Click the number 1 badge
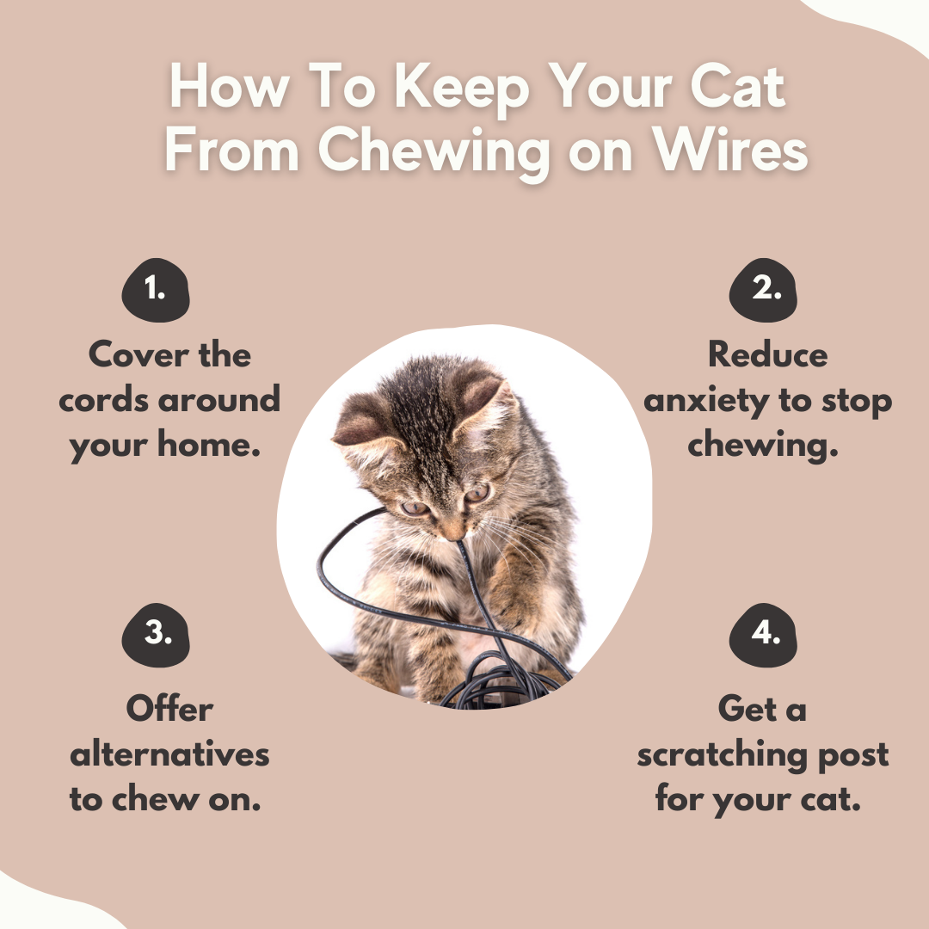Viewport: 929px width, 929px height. point(156,291)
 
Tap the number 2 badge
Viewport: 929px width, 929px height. point(763,291)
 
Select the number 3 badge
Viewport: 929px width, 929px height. point(156,635)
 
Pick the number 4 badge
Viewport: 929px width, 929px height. point(763,635)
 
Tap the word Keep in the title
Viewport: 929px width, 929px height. point(461,88)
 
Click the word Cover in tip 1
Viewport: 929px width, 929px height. point(138,354)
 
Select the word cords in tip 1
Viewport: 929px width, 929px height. point(104,400)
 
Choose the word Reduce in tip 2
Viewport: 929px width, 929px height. point(768,354)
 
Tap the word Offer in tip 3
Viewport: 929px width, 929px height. point(169,708)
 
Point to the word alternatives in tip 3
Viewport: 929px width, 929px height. point(169,754)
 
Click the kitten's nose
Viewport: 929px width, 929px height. point(454,532)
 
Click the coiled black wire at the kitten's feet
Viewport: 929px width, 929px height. point(500,680)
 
